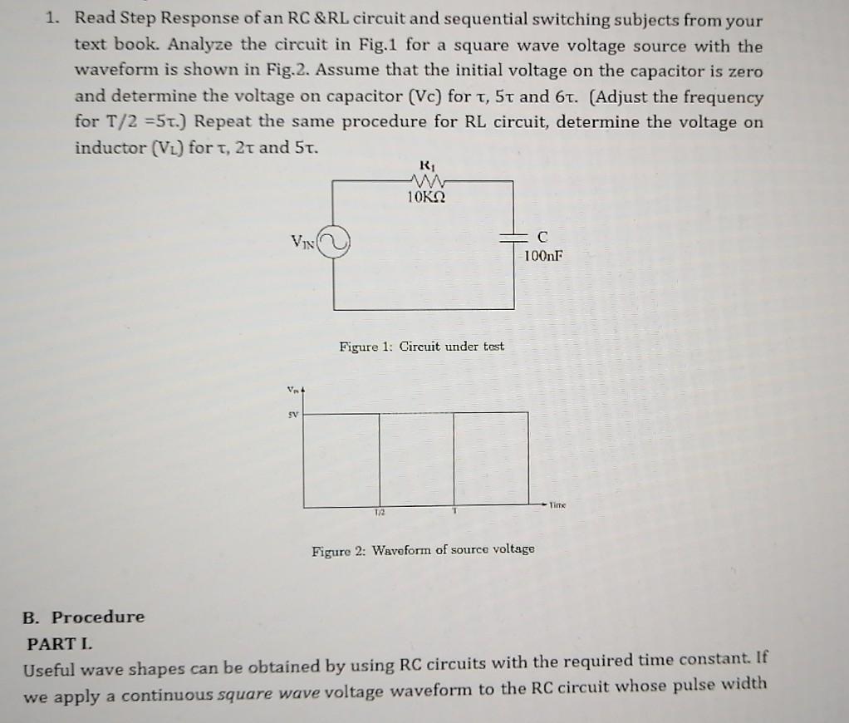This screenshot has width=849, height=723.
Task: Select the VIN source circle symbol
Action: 334,243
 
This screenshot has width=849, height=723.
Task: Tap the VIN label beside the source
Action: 303,241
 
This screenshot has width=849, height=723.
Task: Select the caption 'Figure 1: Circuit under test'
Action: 421,346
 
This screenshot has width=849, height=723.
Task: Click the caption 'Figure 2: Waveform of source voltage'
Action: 423,549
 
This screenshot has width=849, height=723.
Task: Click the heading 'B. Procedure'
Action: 83,617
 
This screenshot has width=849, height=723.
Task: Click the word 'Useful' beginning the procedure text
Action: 52,666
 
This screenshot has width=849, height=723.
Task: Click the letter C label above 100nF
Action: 542,238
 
